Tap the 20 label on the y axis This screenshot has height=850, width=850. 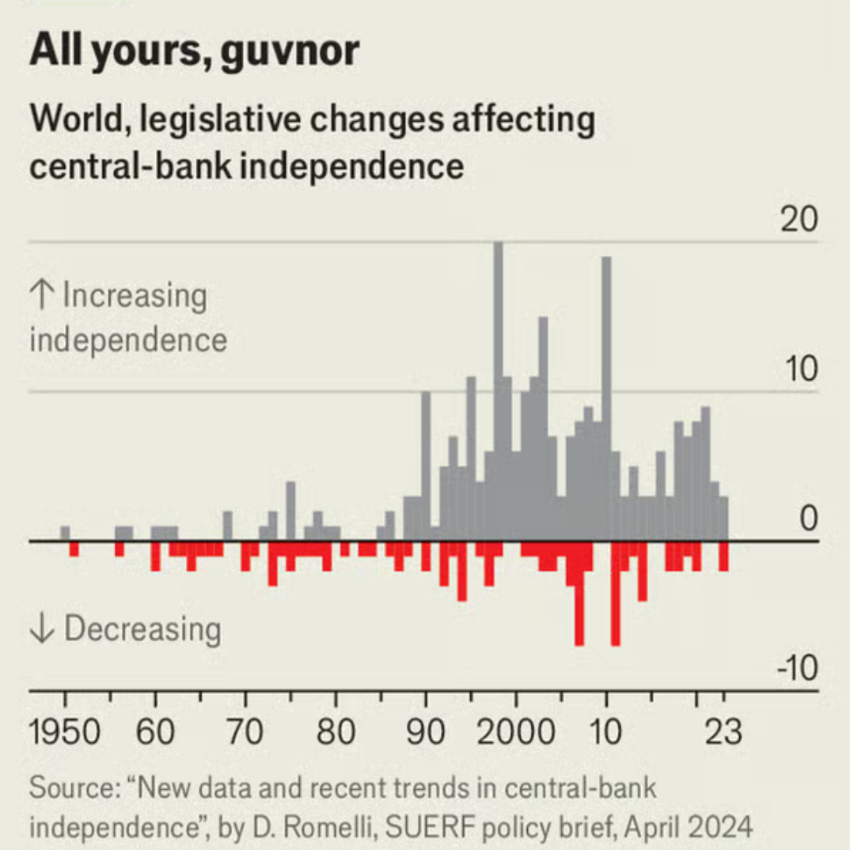(x=798, y=222)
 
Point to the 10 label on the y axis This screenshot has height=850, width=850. (x=798, y=370)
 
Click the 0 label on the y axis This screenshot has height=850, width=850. (x=807, y=520)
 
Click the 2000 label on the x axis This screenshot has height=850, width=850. (x=516, y=732)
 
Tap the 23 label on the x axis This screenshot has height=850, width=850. (x=723, y=732)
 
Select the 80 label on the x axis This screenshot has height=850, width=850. (x=336, y=732)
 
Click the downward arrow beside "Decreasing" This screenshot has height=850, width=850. (x=41, y=630)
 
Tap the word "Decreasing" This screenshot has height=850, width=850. (x=142, y=630)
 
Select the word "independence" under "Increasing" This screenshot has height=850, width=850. (x=128, y=340)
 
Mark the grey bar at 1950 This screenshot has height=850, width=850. (x=65, y=533)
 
